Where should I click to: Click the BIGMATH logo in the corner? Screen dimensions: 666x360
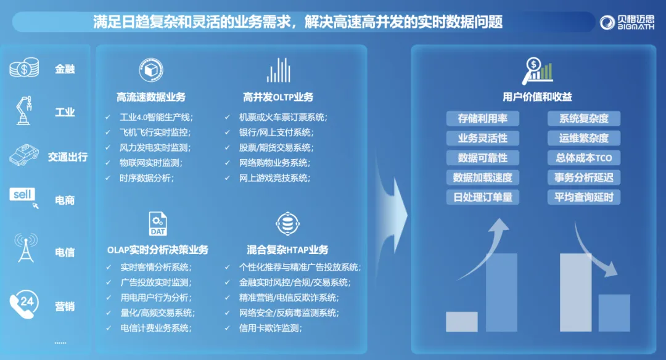pyautogui.click(x=627, y=22)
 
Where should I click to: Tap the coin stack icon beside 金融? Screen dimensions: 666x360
pyautogui.click(x=24, y=68)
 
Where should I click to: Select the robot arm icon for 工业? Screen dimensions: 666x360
pyautogui.click(x=24, y=110)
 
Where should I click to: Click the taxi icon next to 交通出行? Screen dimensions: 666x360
pyautogui.click(x=24, y=155)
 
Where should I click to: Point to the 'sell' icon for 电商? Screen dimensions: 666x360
pyautogui.click(x=24, y=198)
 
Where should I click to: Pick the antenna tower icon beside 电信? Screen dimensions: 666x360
pyautogui.click(x=26, y=248)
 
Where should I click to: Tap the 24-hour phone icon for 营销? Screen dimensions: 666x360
pyautogui.click(x=24, y=304)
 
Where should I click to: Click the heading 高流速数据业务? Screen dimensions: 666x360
pyautogui.click(x=151, y=97)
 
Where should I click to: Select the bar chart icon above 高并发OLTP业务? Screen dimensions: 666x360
pyautogui.click(x=279, y=70)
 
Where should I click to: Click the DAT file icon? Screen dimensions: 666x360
pyautogui.click(x=158, y=224)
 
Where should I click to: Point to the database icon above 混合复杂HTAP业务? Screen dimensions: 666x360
pyautogui.click(x=287, y=223)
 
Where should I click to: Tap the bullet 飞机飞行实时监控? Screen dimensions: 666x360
pyautogui.click(x=155, y=133)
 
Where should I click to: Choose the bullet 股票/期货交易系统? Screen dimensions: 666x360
pyautogui.click(x=276, y=148)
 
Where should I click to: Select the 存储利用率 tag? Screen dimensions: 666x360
pyautogui.click(x=482, y=118)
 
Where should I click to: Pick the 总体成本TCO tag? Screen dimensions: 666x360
pyautogui.click(x=583, y=158)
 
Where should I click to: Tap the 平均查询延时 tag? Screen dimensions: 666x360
pyautogui.click(x=583, y=197)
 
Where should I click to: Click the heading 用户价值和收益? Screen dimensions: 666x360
pyautogui.click(x=537, y=97)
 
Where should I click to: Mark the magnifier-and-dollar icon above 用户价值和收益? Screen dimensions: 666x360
pyautogui.click(x=537, y=71)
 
